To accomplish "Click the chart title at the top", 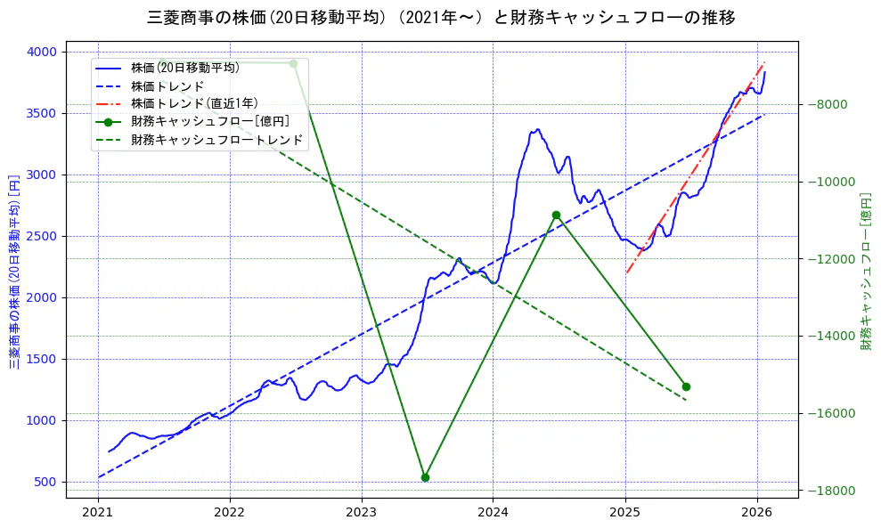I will (440, 17).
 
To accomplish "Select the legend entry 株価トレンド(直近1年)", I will (194, 103).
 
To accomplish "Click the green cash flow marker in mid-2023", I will (425, 477).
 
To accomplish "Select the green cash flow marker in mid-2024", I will (556, 215).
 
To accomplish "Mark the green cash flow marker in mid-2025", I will (686, 386).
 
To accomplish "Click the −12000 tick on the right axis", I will (830, 259).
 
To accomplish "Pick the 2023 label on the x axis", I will (361, 512).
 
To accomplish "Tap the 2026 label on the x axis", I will (756, 512).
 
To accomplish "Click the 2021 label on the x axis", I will (98, 512).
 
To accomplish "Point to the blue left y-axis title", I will (14, 272).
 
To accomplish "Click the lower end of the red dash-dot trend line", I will (626, 272).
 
